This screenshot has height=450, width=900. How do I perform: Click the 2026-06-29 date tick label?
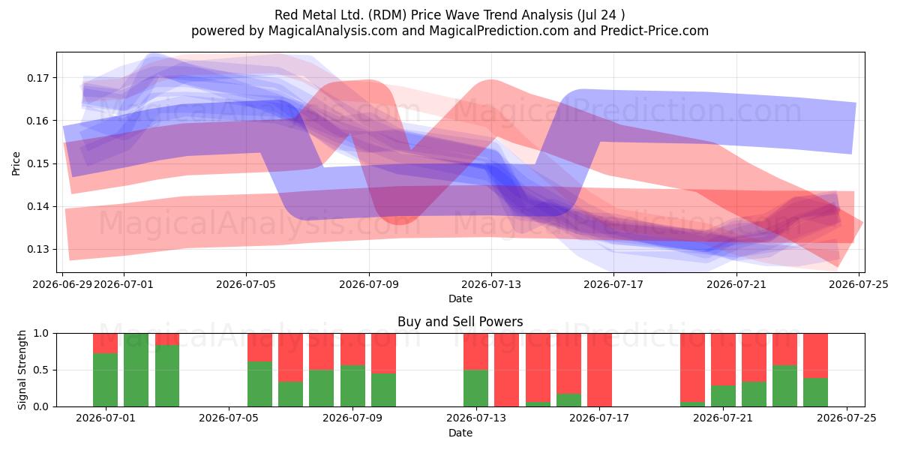click(62, 284)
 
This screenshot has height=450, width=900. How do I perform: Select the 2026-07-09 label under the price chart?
click(369, 284)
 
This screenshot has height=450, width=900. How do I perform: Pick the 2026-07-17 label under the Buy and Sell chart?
click(599, 418)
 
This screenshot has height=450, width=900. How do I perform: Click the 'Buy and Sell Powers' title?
click(460, 322)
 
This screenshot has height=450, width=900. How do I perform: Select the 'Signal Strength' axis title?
click(22, 370)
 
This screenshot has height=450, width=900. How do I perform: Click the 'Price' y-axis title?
click(16, 163)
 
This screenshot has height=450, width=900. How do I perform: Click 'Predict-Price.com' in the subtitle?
click(655, 31)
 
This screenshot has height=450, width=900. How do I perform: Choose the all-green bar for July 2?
click(136, 370)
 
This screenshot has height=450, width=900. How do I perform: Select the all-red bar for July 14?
click(506, 370)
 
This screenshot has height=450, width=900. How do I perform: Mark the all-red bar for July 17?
click(599, 370)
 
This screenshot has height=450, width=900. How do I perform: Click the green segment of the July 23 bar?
click(784, 386)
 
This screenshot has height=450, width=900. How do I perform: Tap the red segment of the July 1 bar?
click(105, 343)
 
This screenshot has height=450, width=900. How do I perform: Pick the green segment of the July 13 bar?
click(475, 388)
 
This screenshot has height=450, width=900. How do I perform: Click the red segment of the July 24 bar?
click(816, 355)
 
